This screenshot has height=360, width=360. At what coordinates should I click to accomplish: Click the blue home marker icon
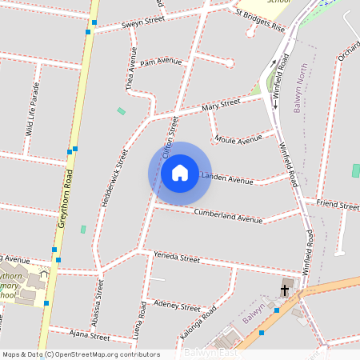coord(180,172)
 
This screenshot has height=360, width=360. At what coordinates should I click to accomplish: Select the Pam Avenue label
coord(161,62)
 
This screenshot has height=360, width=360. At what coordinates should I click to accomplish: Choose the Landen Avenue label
coord(227,178)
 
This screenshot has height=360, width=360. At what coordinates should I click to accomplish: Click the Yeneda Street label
coord(177,258)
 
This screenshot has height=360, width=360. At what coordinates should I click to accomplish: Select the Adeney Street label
coord(177,306)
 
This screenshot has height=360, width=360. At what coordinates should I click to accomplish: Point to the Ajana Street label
coord(89,336)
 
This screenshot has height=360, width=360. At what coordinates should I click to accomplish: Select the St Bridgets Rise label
coord(260,20)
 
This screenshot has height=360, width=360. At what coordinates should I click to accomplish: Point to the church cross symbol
coord(285,290)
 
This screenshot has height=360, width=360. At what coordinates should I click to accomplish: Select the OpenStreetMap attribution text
coord(82,354)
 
